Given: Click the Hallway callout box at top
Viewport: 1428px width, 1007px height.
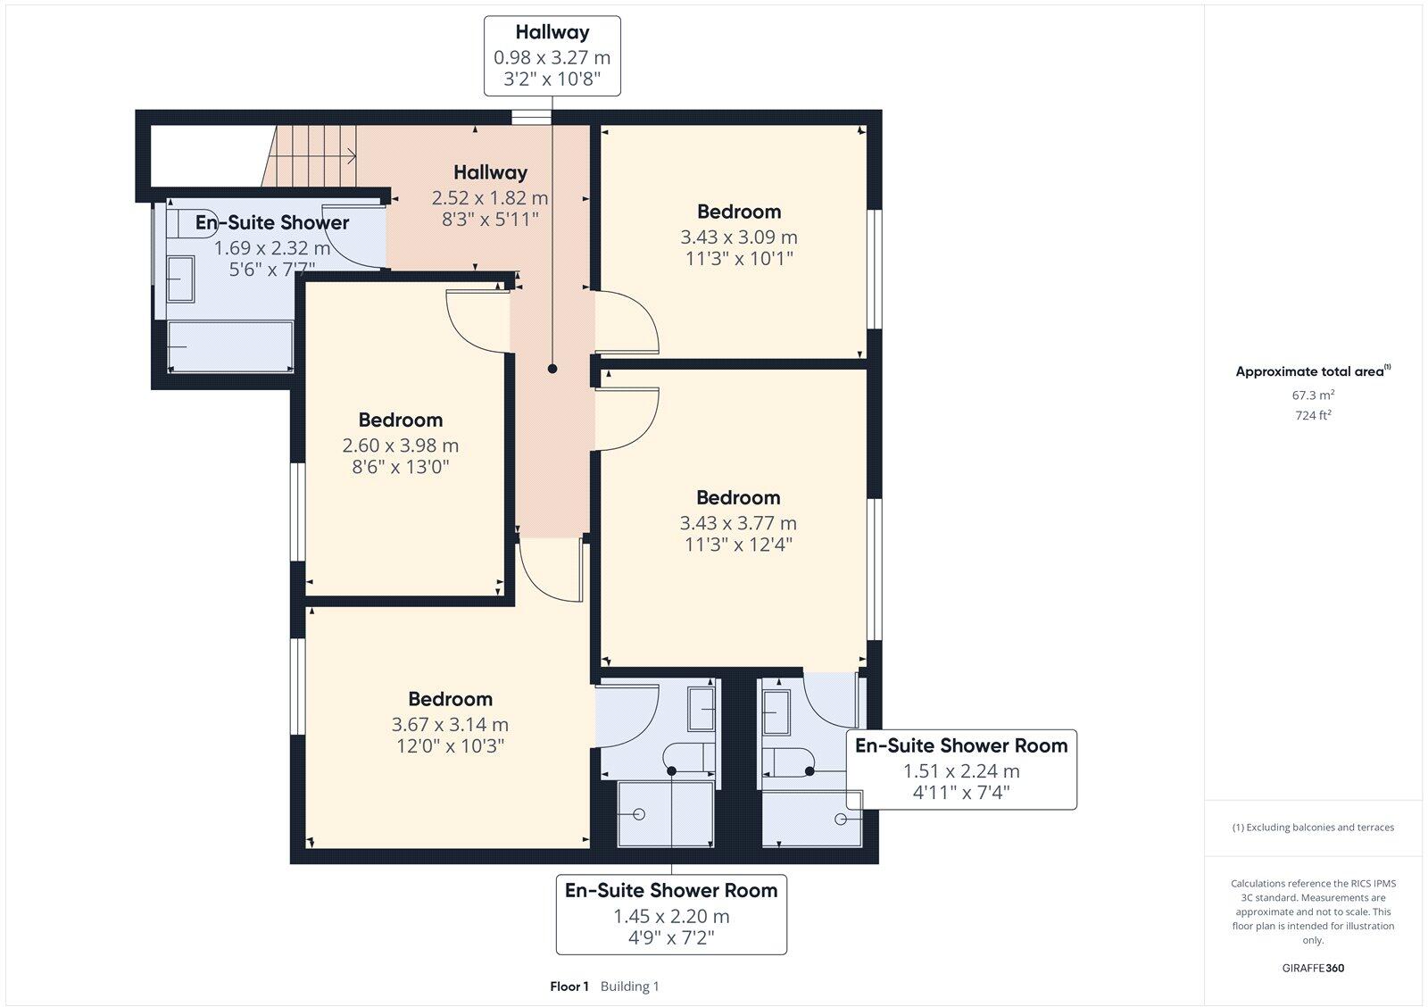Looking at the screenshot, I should pos(552,55).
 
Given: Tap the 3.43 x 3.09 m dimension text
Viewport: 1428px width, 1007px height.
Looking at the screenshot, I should pos(738,237).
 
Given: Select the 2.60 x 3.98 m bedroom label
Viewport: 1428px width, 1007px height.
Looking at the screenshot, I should pos(400,420).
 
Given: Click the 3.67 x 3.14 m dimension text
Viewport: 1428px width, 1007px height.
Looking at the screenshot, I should pos(450,725).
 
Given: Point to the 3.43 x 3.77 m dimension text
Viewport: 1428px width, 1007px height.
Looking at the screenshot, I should pos(738,523).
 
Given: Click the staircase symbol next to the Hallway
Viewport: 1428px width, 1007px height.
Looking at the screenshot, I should pos(312,156).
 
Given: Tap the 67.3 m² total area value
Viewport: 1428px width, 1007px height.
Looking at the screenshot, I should pos(1313,395).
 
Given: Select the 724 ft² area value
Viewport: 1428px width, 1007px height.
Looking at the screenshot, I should pos(1313,415).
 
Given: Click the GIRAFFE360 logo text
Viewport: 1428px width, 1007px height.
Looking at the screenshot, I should pos(1313,968).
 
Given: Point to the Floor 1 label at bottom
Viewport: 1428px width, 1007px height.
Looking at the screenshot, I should pos(569,986).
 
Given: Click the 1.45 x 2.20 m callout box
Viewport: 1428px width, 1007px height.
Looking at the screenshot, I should pos(670,914).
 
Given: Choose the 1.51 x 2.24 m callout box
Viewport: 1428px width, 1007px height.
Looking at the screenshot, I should pos(960,770).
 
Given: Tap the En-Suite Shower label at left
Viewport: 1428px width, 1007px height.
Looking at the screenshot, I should pos(272,222).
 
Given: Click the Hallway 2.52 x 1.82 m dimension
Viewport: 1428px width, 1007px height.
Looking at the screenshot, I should pos(489,197).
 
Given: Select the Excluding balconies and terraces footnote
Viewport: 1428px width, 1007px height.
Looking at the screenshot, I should pos(1313,828).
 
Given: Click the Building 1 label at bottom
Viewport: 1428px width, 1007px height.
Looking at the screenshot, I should pos(629,986).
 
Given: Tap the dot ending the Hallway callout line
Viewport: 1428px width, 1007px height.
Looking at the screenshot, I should pos(552,369).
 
